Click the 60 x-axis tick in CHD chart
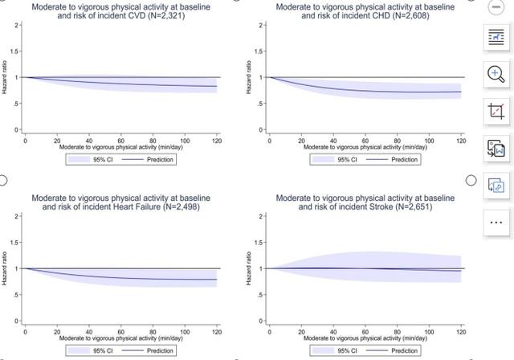[x=365, y=141]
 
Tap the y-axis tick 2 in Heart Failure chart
[x=16, y=217]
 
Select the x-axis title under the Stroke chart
[x=365, y=338]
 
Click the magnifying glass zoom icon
[x=494, y=74]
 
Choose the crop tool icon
[x=494, y=111]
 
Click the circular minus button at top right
[x=494, y=6]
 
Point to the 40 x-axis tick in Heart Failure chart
[x=88, y=332]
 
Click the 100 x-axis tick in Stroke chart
[x=429, y=332]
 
